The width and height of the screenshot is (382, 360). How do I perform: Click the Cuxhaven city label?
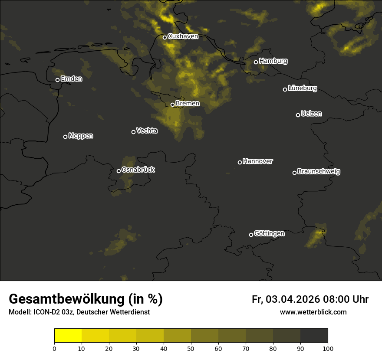pyautogui.click(x=183, y=36)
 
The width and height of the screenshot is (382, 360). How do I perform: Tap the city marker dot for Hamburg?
pyautogui.click(x=256, y=62)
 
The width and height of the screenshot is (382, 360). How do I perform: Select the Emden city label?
pyautogui.click(x=71, y=79)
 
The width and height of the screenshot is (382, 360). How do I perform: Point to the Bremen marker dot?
pyautogui.click(x=172, y=105)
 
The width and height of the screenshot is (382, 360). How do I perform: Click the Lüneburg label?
pyautogui.click(x=303, y=88)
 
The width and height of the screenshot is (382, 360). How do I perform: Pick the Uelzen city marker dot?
pyautogui.click(x=298, y=115)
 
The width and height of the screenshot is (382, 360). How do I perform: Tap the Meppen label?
pyautogui.click(x=81, y=136)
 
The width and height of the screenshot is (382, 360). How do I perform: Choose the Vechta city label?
pyautogui.click(x=147, y=131)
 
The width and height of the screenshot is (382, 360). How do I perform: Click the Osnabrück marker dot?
pyautogui.click(x=119, y=171)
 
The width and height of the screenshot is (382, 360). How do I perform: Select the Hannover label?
pyautogui.click(x=258, y=161)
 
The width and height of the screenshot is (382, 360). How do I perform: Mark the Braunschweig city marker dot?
pyautogui.click(x=294, y=173)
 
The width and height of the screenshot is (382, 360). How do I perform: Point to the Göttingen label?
pyautogui.click(x=269, y=234)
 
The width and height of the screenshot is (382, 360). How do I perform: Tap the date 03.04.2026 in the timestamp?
pyautogui.click(x=293, y=299)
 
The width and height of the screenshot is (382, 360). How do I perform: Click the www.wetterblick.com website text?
pyautogui.click(x=313, y=312)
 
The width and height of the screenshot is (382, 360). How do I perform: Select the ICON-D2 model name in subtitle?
pyautogui.click(x=44, y=312)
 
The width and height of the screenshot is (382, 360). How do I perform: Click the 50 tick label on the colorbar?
pyautogui.click(x=191, y=348)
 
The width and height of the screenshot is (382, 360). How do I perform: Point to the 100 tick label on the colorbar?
pyautogui.click(x=328, y=348)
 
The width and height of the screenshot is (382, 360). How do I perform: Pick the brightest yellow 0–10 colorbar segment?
pyautogui.click(x=68, y=336)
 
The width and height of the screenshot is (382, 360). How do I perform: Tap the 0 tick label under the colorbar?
pyautogui.click(x=54, y=348)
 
